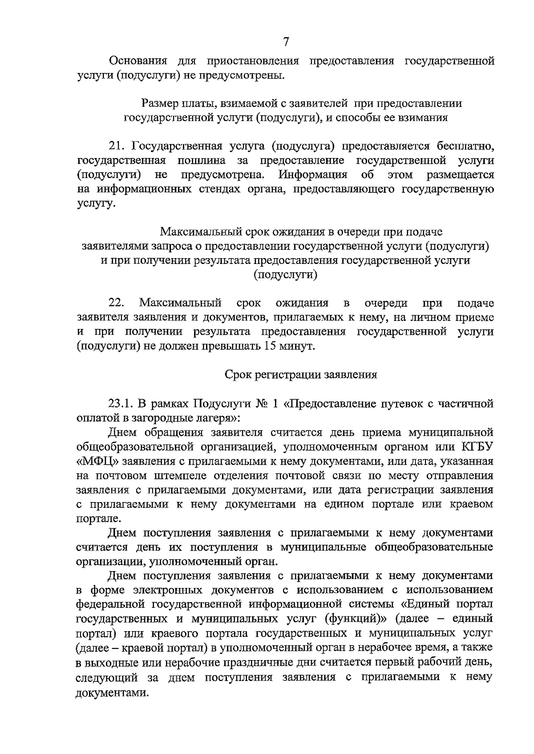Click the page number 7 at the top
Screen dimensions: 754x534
[x=286, y=42]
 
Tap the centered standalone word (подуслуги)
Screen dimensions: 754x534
[x=285, y=275]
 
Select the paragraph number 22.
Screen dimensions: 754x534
[x=116, y=304]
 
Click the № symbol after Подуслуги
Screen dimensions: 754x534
[x=261, y=404]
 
